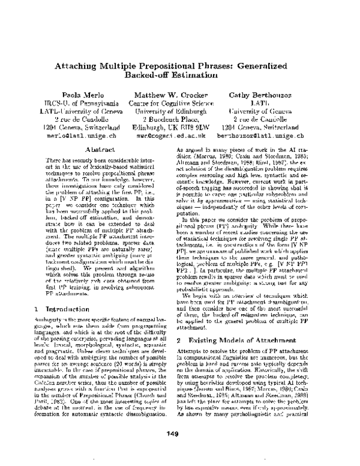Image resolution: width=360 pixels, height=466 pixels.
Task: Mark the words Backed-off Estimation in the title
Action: tap(180, 76)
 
